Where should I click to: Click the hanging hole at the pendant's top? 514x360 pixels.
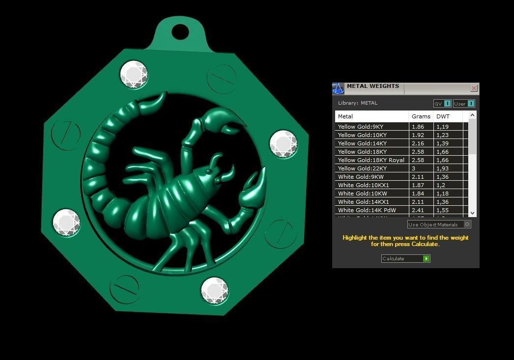[x=180, y=32]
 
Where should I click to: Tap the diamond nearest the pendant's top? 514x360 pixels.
[x=134, y=75]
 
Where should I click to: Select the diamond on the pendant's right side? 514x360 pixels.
[x=284, y=144]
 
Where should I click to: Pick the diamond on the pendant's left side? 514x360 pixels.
[x=66, y=223]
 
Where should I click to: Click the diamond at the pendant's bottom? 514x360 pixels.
[x=215, y=291]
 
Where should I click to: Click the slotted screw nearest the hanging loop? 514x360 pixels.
[x=222, y=78]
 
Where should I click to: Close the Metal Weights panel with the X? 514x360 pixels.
[x=474, y=88]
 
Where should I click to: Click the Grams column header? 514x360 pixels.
[x=421, y=116]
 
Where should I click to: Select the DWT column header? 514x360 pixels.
[x=443, y=116]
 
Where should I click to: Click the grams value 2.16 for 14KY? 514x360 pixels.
[x=418, y=143]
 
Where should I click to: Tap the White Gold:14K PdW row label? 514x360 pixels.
[x=367, y=210]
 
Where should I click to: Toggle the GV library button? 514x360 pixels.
[x=442, y=104]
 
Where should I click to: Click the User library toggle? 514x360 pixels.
[x=464, y=104]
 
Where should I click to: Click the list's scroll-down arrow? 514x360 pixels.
[x=472, y=213]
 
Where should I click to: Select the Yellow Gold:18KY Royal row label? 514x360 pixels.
[x=371, y=160]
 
